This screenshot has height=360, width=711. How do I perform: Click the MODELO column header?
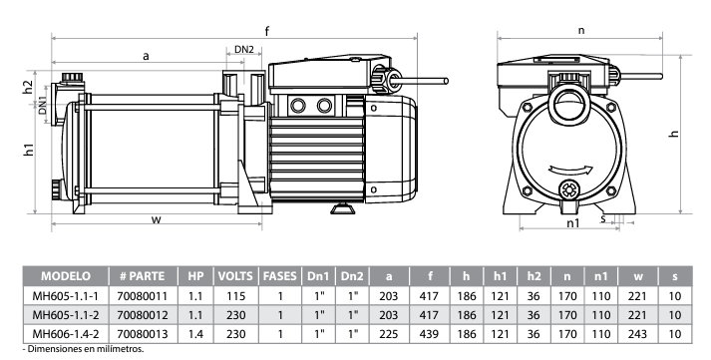[x=66, y=276]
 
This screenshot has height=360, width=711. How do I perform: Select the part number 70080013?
[x=143, y=334]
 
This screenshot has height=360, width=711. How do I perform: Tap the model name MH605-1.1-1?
[x=65, y=296]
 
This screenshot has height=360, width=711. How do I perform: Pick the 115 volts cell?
[x=235, y=296]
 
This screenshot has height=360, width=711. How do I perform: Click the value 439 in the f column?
[x=429, y=334]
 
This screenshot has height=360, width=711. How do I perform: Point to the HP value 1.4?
[x=195, y=334]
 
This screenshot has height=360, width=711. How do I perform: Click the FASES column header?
[x=280, y=276]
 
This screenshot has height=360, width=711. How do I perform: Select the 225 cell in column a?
[x=389, y=334]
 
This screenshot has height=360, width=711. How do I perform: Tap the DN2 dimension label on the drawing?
[x=244, y=50]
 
